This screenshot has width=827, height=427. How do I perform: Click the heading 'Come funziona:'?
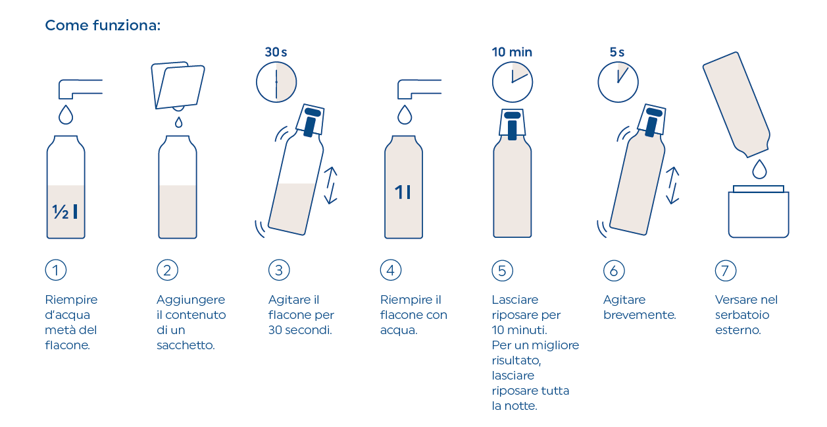[x=103, y=26]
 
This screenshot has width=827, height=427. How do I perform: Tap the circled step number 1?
[x=56, y=270]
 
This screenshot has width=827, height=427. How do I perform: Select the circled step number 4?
[x=391, y=270]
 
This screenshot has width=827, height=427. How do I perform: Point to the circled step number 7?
[x=726, y=271]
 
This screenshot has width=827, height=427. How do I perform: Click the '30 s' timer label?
[x=276, y=52]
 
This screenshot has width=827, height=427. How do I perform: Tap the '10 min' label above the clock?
[x=512, y=52]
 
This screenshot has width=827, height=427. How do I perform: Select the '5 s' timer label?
[x=617, y=52]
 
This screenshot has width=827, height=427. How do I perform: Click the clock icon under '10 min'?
[x=513, y=82]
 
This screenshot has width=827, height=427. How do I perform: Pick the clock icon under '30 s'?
[x=276, y=82]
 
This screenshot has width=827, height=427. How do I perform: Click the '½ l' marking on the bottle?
[x=65, y=212]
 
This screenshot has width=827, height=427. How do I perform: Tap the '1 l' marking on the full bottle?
[x=403, y=192]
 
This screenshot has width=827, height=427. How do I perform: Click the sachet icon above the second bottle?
[x=178, y=86]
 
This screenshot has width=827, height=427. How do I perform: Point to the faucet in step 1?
[x=80, y=89]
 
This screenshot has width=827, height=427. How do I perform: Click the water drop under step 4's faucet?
[x=405, y=115]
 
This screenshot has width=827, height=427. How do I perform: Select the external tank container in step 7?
[x=759, y=212]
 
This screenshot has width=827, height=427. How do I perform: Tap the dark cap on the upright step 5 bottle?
[x=512, y=126]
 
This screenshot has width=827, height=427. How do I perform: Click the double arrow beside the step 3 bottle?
[x=331, y=186]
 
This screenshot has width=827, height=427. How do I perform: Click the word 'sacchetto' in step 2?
[x=186, y=345]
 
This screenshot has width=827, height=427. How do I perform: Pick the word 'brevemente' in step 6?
[x=639, y=315]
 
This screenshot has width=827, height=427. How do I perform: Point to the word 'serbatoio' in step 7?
[x=742, y=315]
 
